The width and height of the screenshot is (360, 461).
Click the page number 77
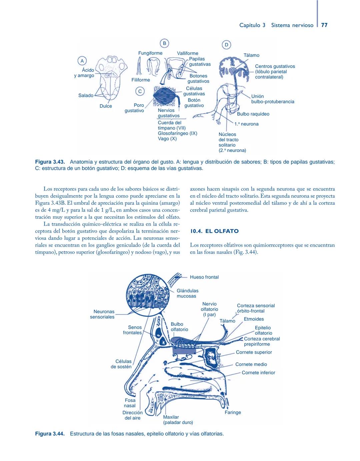click(x=324, y=25)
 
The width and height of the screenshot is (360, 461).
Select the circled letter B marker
click(x=164, y=43)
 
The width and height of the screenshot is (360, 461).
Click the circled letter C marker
click(x=140, y=91)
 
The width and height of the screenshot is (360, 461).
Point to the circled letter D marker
click(x=226, y=45)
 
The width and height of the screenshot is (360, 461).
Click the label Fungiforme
click(x=150, y=53)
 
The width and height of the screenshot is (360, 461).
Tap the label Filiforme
click(x=141, y=80)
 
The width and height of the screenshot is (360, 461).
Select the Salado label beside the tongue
click(x=86, y=96)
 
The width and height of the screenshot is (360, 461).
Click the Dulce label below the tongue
click(x=106, y=106)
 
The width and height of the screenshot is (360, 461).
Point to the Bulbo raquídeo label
click(x=253, y=114)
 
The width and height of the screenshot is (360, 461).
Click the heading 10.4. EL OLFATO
click(x=214, y=231)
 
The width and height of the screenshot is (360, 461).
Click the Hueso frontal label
click(x=204, y=277)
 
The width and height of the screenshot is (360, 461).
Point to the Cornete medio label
click(x=251, y=365)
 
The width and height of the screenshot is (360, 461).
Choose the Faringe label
click(x=233, y=413)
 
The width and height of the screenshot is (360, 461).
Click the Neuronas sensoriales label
click(x=102, y=314)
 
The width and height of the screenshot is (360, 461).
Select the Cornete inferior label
click(x=258, y=373)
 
